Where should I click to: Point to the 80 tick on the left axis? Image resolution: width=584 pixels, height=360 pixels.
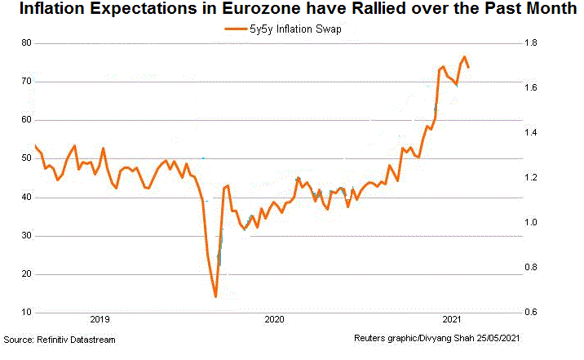tap(26, 42)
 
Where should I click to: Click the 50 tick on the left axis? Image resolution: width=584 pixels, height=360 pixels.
tap(26, 158)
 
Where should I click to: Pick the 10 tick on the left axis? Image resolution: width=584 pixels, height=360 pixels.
tap(26, 313)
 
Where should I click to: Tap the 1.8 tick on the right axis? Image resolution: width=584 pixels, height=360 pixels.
tap(530, 42)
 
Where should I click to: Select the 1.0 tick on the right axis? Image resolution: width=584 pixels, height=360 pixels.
tap(530, 222)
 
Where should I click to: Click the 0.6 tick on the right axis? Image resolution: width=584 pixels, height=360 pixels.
tap(530, 313)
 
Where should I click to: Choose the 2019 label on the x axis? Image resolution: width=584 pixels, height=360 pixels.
tap(100, 319)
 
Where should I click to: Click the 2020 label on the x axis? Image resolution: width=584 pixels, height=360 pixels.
tap(275, 319)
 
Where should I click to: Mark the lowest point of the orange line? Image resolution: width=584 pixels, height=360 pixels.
tap(215, 296)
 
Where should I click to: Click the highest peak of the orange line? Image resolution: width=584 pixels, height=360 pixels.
tap(464, 57)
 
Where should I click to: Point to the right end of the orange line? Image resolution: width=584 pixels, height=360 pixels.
tap(468, 67)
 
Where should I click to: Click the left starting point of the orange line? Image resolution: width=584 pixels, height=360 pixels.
tap(35, 146)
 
